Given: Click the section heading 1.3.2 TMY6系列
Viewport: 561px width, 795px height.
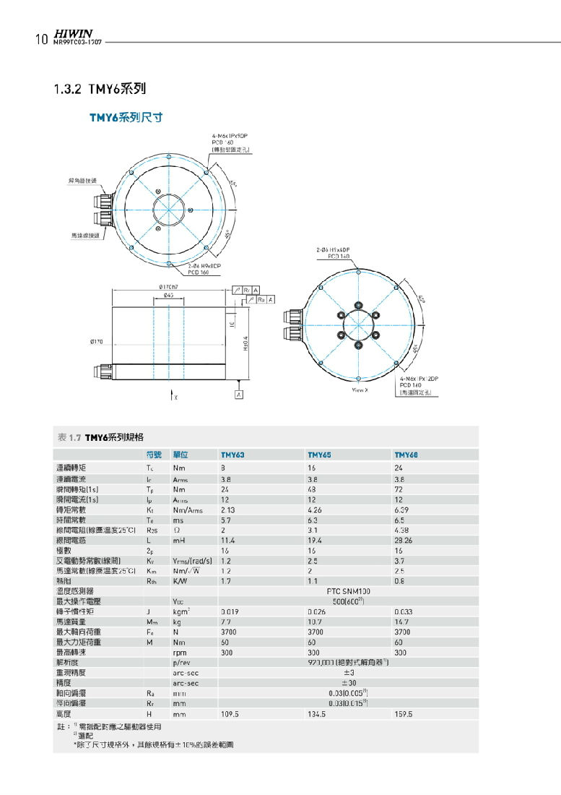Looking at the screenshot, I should click(100, 90).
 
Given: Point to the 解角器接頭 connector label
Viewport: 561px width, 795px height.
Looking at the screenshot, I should click(79, 179).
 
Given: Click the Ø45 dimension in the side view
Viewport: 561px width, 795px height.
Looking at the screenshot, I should click(168, 295).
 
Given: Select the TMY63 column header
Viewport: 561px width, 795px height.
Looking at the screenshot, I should click(232, 455).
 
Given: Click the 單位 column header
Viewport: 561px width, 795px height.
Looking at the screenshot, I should click(181, 455).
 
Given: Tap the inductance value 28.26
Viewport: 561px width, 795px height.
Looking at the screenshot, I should click(404, 540).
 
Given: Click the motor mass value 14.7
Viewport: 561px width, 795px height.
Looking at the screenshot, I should click(401, 622).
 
